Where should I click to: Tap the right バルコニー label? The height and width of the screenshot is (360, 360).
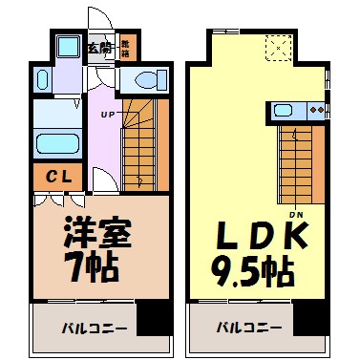point(246,328)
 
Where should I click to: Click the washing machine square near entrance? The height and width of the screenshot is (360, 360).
point(68,48)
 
